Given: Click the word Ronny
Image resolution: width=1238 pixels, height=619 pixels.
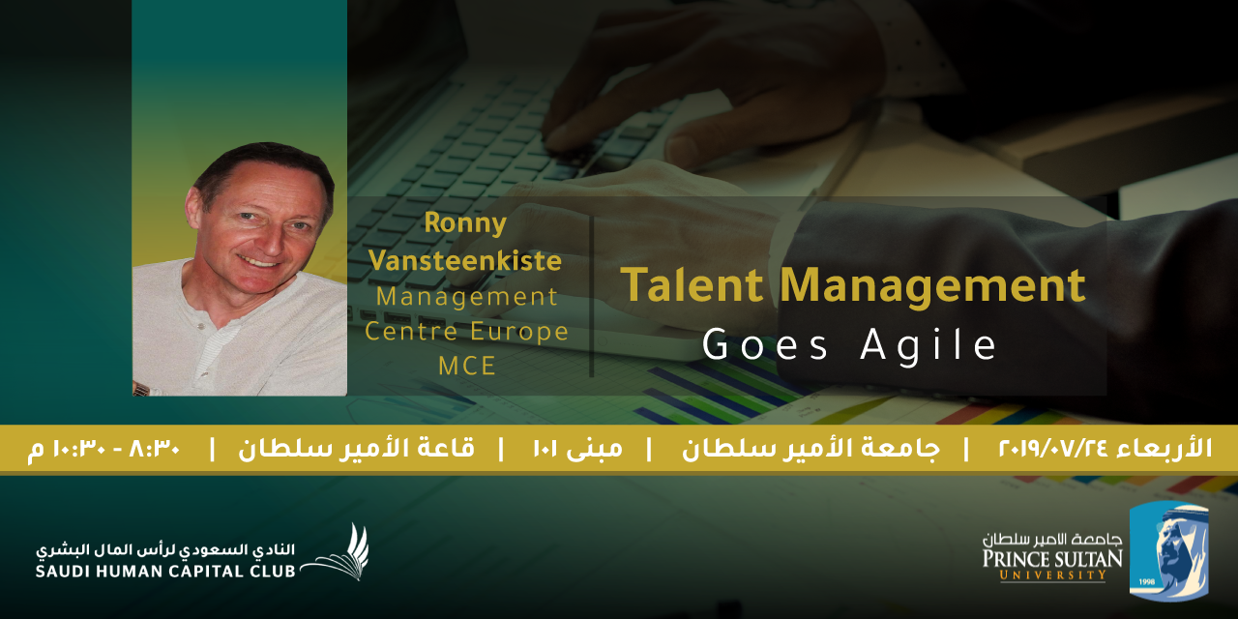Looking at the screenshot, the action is click(x=465, y=223).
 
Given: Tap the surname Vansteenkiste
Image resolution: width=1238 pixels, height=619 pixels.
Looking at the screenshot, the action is click(x=465, y=260).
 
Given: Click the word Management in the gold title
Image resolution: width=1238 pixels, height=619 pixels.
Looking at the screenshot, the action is click(x=932, y=287).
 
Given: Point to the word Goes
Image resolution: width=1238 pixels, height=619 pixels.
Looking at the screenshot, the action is click(x=765, y=344).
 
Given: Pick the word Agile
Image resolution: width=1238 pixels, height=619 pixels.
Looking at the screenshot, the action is click(x=928, y=346).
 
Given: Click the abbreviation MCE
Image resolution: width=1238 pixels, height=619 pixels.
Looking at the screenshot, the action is click(x=467, y=366).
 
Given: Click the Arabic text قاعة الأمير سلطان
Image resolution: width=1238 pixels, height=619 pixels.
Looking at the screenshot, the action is click(x=357, y=448).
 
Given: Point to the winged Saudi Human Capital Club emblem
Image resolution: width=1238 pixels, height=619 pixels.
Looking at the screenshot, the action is click(x=338, y=552).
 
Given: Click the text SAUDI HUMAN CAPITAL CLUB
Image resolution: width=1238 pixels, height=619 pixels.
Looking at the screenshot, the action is click(x=165, y=572).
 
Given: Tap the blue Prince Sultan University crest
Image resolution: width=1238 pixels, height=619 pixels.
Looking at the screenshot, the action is click(x=1169, y=551).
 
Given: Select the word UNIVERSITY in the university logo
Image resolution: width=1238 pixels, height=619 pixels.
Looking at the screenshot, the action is click(x=1053, y=575).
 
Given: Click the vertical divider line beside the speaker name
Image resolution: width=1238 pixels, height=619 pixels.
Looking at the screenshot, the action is click(x=592, y=297).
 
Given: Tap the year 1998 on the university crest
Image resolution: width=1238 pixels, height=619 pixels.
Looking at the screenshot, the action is click(x=1146, y=582).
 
